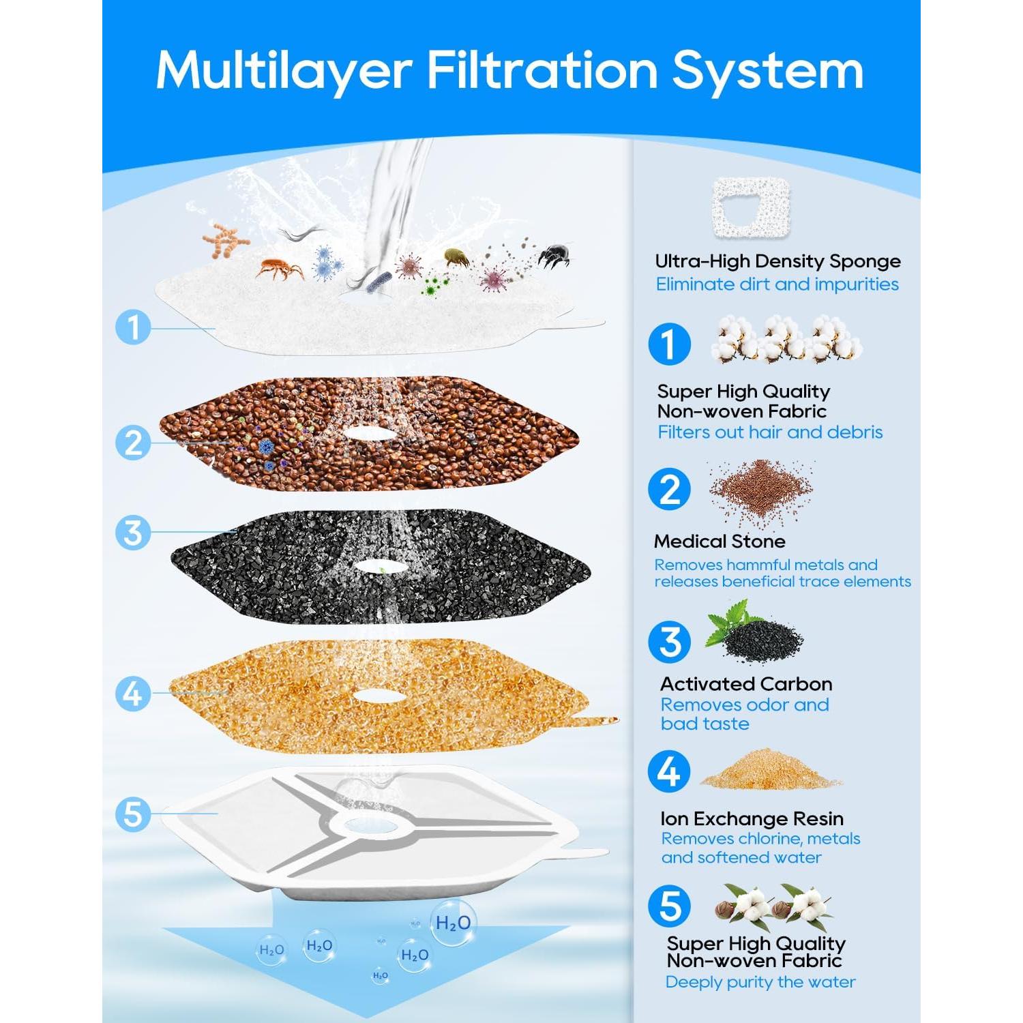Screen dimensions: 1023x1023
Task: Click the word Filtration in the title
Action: point(542,70)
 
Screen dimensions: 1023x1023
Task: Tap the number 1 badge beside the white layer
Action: point(133,327)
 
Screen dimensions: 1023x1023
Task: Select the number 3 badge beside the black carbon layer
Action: point(133,532)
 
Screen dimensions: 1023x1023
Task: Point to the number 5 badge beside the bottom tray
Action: point(133,814)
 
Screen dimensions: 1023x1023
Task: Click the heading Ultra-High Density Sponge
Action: point(777,261)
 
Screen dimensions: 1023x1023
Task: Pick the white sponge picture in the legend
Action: point(752,207)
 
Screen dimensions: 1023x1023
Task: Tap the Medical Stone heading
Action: point(720,542)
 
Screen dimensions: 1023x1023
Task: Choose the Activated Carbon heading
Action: point(746,684)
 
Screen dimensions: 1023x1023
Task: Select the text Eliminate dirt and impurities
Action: point(777,284)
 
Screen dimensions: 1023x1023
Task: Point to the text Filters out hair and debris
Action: point(770,432)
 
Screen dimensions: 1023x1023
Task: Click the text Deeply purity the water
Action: point(760,982)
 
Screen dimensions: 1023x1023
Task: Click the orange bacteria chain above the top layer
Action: point(225,241)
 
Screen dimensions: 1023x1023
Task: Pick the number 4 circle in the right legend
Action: point(669,772)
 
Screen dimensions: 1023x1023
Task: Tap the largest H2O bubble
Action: point(453,923)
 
